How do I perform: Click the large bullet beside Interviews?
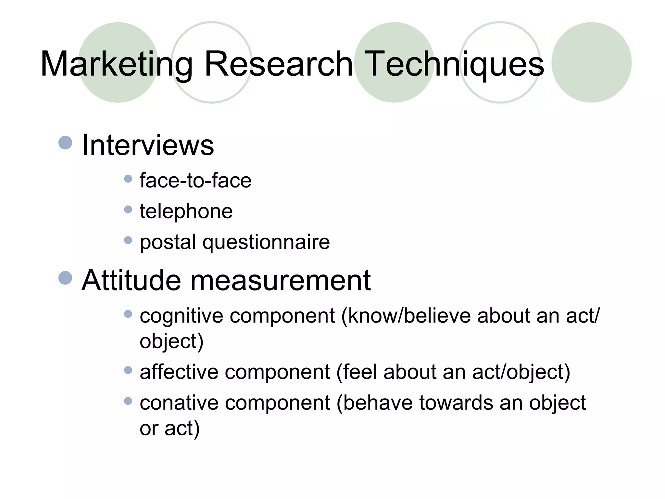coord(65,143)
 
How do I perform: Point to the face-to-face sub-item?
coord(195,180)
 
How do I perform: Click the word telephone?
coord(186,211)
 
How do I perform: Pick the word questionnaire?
coord(266,242)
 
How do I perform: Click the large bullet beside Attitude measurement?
coord(65,278)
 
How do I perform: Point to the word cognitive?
coord(181,316)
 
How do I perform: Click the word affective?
coord(179,372)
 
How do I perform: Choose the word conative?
coord(179,403)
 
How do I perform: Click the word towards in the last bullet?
coord(456,403)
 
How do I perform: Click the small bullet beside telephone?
coord(128,209)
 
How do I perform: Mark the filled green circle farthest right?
coord(591,62)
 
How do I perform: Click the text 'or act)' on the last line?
coord(169,428)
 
